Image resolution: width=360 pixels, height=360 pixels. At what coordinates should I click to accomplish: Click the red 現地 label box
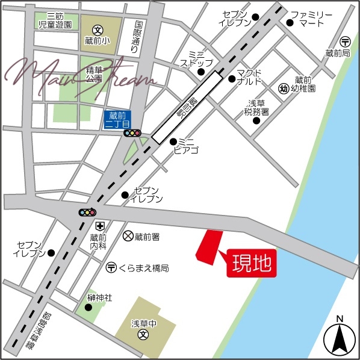[x=251, y=263]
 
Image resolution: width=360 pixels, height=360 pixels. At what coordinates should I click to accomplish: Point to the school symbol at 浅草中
[x=143, y=334]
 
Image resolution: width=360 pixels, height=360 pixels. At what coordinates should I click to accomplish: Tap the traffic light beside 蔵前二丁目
[x=132, y=133]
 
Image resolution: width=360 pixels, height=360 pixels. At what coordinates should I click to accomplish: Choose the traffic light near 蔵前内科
[x=88, y=212]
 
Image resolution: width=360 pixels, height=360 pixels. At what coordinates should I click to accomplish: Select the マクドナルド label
[x=249, y=77]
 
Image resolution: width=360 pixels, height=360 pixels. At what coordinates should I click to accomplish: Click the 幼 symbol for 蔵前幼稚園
[x=284, y=88]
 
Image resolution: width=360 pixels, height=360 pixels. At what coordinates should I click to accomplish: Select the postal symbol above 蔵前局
[x=345, y=42]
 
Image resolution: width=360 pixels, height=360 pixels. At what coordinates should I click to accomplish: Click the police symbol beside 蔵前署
[x=128, y=237]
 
